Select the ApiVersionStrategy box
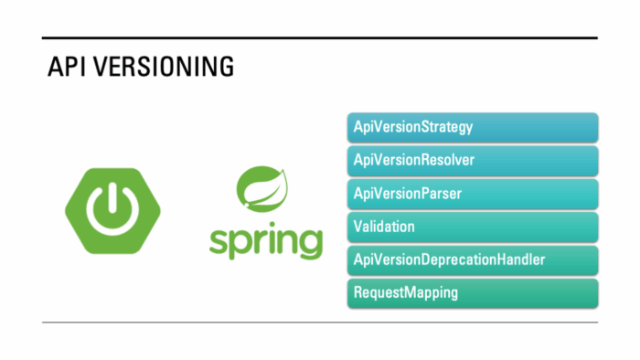pos(472,128)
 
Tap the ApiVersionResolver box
pos(472,161)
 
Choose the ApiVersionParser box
pos(472,194)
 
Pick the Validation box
pos(472,227)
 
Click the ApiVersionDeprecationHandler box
pos(472,259)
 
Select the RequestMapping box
pos(472,292)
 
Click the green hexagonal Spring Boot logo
pos(111,210)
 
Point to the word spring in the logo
pos(265,241)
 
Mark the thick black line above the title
pos(320,37)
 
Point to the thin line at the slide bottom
pos(320,322)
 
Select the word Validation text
pos(384,227)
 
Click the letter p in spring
pos(240,244)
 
